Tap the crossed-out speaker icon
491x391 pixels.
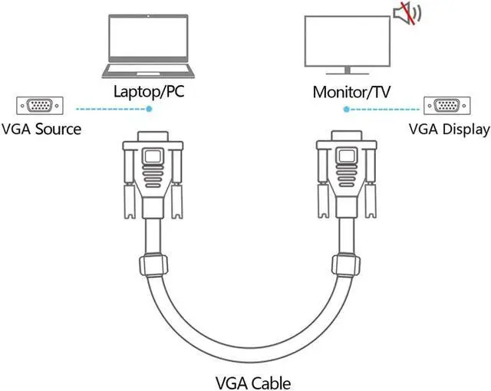pos(404,13)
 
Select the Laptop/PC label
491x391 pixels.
pos(150,91)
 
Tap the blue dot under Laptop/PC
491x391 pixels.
pos(150,110)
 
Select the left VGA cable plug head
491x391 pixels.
pos(154,172)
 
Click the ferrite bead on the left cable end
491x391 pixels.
pos(153,265)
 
